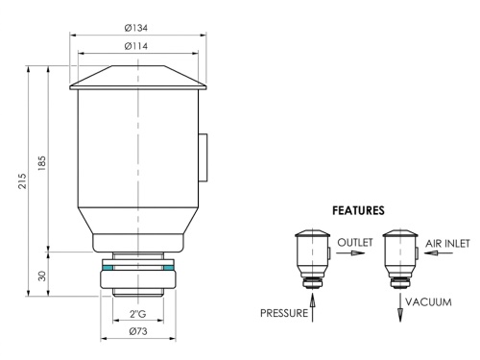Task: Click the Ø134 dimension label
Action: (x=136, y=28)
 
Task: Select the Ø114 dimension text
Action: (x=136, y=46)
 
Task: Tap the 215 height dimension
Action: (x=22, y=181)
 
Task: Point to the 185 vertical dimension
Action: (x=42, y=163)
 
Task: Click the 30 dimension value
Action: (x=42, y=276)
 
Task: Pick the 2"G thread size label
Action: (x=138, y=314)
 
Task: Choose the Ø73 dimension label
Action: (x=138, y=331)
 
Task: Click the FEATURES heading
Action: (x=358, y=210)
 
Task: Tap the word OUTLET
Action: (x=355, y=242)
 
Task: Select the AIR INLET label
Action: (x=447, y=244)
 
